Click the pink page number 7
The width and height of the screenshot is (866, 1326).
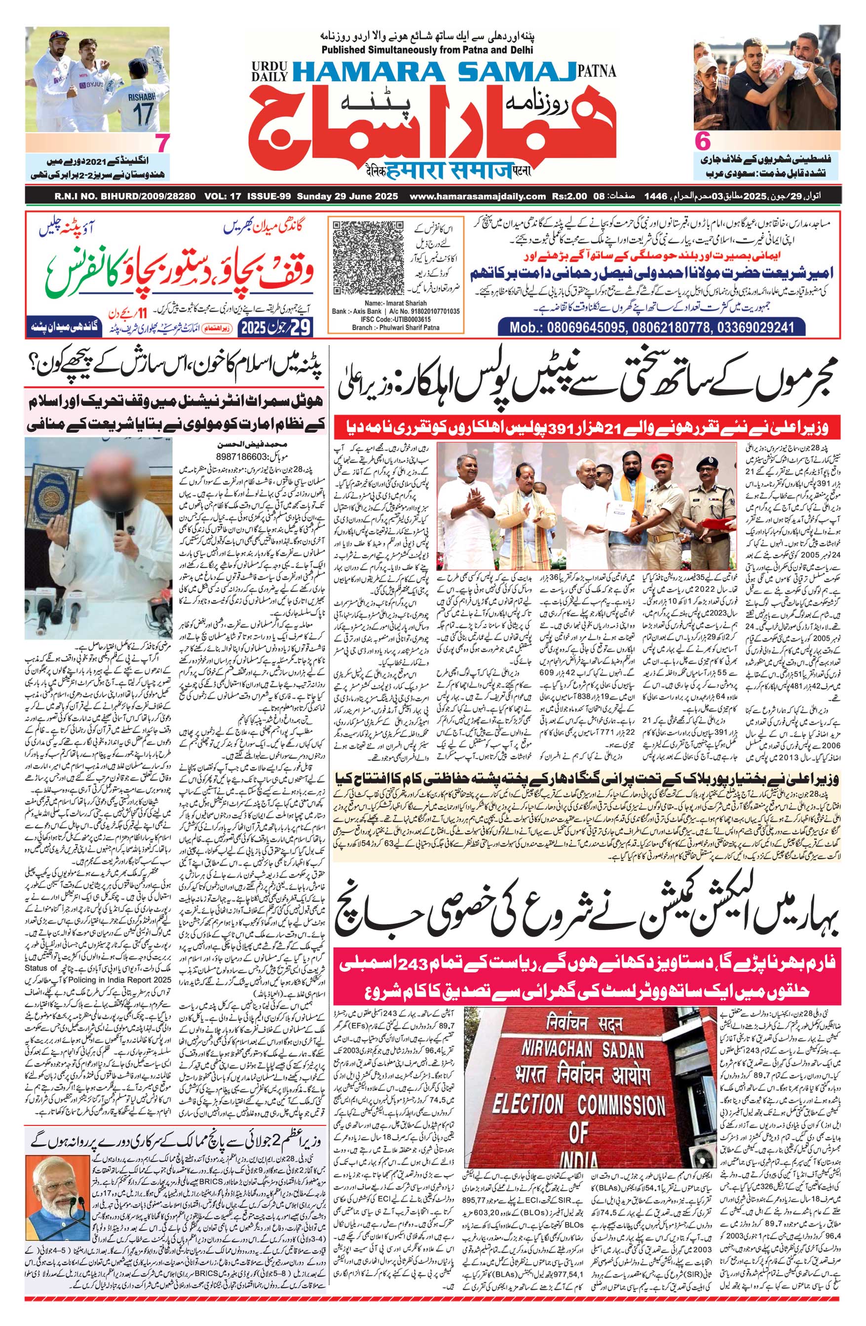pos(161,144)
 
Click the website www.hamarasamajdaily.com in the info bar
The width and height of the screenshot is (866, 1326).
pos(476,196)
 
